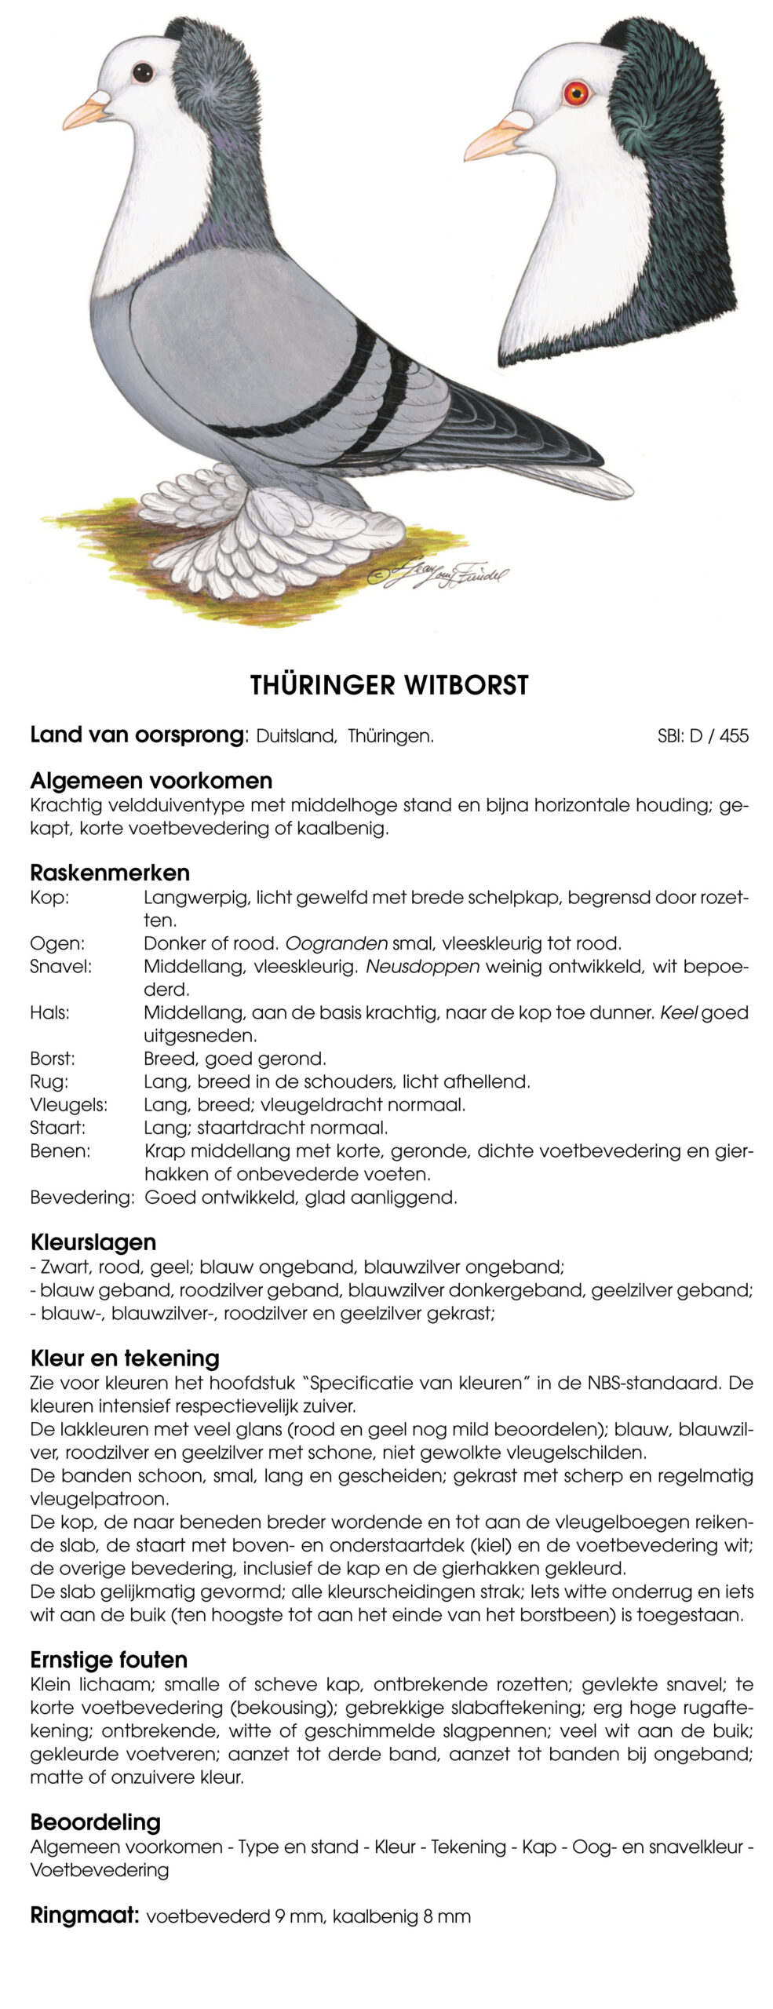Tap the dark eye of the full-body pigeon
(143, 72)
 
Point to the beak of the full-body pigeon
(84, 113)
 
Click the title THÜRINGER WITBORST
(389, 685)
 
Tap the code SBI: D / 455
(703, 736)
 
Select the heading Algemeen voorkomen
(151, 781)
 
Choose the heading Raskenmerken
(110, 873)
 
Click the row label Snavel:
(61, 966)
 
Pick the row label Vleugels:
(69, 1105)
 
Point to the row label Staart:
(58, 1128)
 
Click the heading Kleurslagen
(93, 1242)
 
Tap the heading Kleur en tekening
(125, 1358)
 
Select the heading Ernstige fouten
(109, 1660)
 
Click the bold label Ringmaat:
(85, 1916)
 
